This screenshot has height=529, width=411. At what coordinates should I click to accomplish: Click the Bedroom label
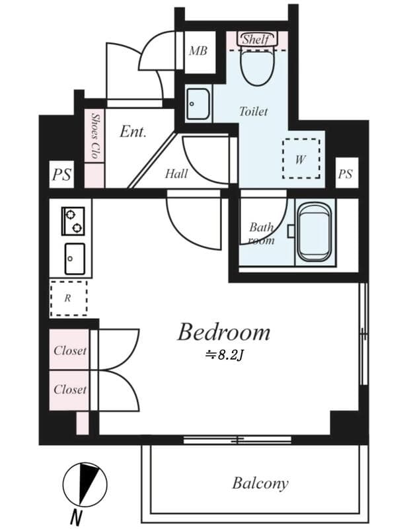(223, 332)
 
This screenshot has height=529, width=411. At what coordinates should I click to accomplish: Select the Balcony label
(260, 483)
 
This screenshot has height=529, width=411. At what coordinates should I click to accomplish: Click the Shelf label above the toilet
(256, 40)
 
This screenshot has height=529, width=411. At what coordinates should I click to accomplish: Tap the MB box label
(198, 50)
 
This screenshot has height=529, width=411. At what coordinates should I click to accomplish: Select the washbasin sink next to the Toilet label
(197, 104)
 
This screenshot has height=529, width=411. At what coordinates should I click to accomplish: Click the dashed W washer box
(301, 159)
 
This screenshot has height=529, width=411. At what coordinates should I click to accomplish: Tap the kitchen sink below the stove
(73, 258)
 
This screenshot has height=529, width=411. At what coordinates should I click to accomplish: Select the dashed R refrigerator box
(68, 298)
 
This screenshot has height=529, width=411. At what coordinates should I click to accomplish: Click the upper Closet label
(70, 350)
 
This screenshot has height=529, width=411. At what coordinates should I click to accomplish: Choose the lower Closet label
(70, 389)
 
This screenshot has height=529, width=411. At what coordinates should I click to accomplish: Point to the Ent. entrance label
(133, 132)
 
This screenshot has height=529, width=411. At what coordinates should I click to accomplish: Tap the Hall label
(176, 174)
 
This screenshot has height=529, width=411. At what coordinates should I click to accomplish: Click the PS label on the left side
(61, 176)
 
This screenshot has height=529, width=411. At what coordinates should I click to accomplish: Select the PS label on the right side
(346, 175)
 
